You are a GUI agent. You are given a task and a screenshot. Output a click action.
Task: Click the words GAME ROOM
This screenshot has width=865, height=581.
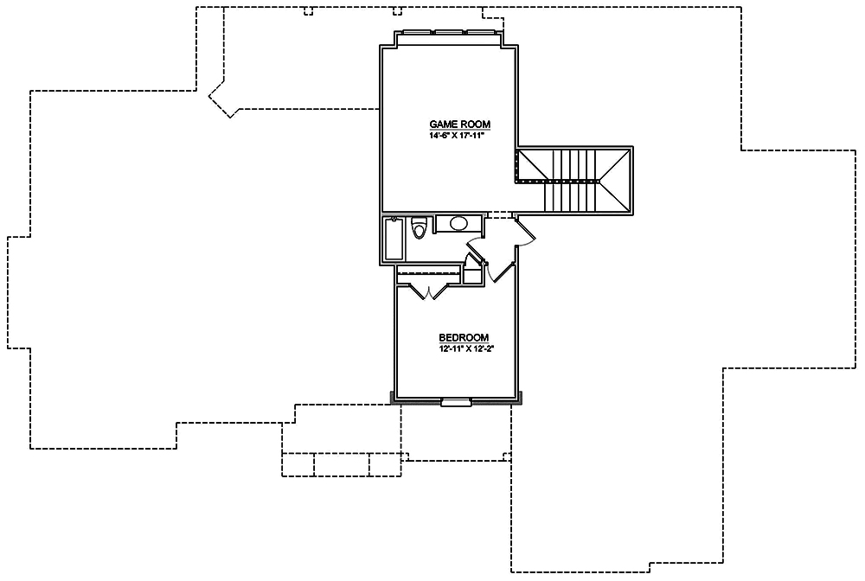(x=447, y=124)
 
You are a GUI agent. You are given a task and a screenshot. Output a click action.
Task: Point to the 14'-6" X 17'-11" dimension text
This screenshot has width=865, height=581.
(x=447, y=136)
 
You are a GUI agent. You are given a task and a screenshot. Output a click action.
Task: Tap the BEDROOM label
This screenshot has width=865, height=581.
(x=464, y=337)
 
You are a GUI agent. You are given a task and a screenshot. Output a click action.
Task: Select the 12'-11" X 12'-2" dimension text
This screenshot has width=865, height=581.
(x=464, y=348)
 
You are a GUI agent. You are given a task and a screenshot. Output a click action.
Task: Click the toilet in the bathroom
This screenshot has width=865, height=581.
(x=420, y=227)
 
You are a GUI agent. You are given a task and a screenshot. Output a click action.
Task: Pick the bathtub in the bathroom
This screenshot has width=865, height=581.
(x=394, y=239)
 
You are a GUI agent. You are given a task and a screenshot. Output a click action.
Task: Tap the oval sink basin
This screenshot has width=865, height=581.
(x=458, y=223)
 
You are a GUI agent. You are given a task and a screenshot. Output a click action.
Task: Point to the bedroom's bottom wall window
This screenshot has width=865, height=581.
(x=455, y=401)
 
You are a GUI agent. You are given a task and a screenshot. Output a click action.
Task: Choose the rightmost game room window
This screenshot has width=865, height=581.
(x=481, y=34)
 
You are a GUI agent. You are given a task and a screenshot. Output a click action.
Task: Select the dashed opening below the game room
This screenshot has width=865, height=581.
(x=500, y=214)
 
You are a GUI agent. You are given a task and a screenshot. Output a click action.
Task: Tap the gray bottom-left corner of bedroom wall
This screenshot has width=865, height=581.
(x=393, y=398)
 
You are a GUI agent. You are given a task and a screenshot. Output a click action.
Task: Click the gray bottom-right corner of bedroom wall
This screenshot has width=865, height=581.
(x=522, y=398)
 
